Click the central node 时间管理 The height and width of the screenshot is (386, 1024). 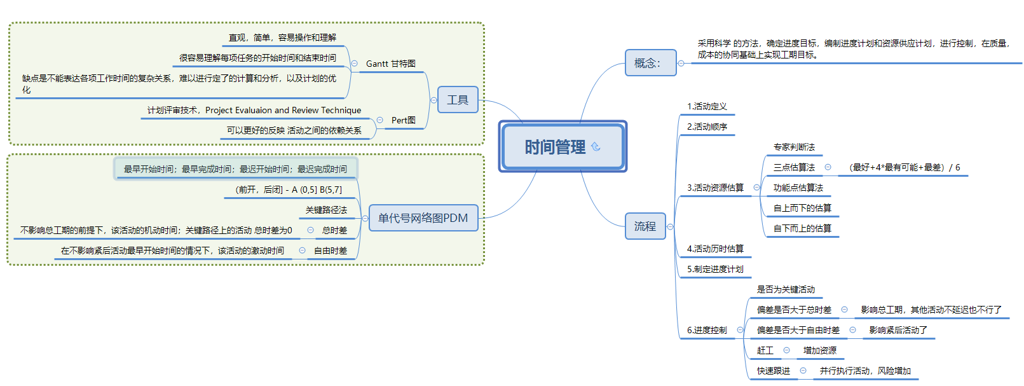pyautogui.click(x=554, y=147)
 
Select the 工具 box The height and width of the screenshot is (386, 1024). pyautogui.click(x=458, y=100)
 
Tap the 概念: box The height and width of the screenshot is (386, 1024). pyautogui.click(x=650, y=63)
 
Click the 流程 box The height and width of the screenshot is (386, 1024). pyautogui.click(x=645, y=226)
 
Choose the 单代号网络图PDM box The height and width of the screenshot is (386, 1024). pyautogui.click(x=423, y=218)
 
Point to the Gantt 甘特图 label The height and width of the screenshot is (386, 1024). pyautogui.click(x=390, y=64)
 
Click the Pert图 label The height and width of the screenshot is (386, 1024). pyautogui.click(x=403, y=120)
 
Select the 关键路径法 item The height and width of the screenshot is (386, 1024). pyautogui.click(x=326, y=210)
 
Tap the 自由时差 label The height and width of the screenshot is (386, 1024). pyautogui.click(x=331, y=251)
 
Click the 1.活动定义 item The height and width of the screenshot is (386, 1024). pyautogui.click(x=707, y=106)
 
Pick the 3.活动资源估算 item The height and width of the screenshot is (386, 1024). pyautogui.click(x=715, y=188)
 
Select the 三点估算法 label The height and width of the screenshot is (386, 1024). pyautogui.click(x=794, y=167)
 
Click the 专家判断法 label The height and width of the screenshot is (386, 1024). pyautogui.click(x=794, y=147)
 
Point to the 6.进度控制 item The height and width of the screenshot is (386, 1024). pyautogui.click(x=707, y=330)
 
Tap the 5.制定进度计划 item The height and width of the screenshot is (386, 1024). pyautogui.click(x=715, y=269)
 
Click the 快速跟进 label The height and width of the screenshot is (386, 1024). pyautogui.click(x=774, y=371)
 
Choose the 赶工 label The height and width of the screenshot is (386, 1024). pyautogui.click(x=765, y=350)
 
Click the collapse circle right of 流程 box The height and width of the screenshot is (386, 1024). pyautogui.click(x=670, y=226)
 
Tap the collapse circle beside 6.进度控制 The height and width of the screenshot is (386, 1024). pyautogui.click(x=740, y=330)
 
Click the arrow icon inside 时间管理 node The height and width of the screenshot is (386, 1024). pyautogui.click(x=596, y=147)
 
